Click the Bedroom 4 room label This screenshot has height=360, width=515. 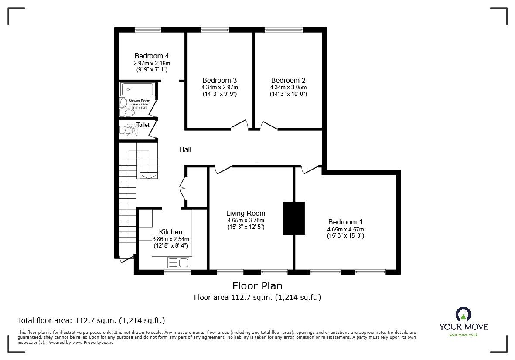click(x=151, y=56)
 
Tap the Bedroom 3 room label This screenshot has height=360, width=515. click(x=219, y=80)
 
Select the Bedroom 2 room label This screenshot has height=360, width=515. click(x=288, y=80)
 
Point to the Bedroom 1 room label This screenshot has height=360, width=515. click(x=345, y=221)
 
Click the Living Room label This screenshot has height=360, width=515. click(x=246, y=213)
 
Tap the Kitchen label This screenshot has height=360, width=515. click(x=171, y=232)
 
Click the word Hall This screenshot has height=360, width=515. click(x=185, y=149)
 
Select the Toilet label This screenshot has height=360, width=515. click(x=143, y=125)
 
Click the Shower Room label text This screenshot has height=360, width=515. click(x=139, y=101)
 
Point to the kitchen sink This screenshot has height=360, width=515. click(x=178, y=262)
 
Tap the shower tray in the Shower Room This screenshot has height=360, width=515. click(x=137, y=89)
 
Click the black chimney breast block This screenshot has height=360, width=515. click(x=293, y=218)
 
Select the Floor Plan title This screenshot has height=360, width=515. click(x=257, y=286)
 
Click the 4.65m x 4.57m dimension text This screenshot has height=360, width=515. click(x=345, y=229)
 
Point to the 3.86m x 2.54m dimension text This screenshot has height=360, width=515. click(x=171, y=239)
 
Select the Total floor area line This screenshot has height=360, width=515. click(x=91, y=320)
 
